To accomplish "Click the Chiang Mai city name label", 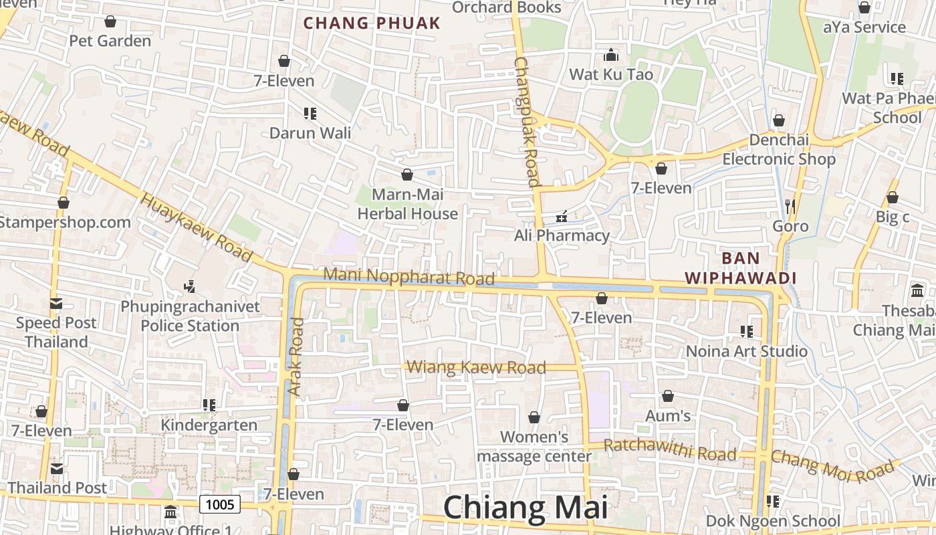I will pos(525,508).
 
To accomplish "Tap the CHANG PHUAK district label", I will pos(372,23).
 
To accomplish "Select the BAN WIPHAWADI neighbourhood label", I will pos(741,268).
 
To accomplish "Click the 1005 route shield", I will pos(219,504).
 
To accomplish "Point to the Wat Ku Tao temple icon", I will pos(611,55).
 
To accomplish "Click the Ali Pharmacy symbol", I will pos(562,216).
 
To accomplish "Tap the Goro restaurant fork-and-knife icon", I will pos(790,206).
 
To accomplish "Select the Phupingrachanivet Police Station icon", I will pos(190,287).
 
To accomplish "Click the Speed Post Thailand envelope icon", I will pos(56,304).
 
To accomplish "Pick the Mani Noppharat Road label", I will pos(408,276).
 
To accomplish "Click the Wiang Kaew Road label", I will pos(476,367).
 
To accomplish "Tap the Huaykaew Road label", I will pos(197,227).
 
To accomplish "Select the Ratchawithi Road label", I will pos(670,450).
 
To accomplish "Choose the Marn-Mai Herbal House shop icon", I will pos(407,175).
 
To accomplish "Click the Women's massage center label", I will pos(534,447).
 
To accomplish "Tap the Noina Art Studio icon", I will pos(747,331).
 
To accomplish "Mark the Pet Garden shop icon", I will pos(110,21).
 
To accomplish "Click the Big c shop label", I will pos(893,217).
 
